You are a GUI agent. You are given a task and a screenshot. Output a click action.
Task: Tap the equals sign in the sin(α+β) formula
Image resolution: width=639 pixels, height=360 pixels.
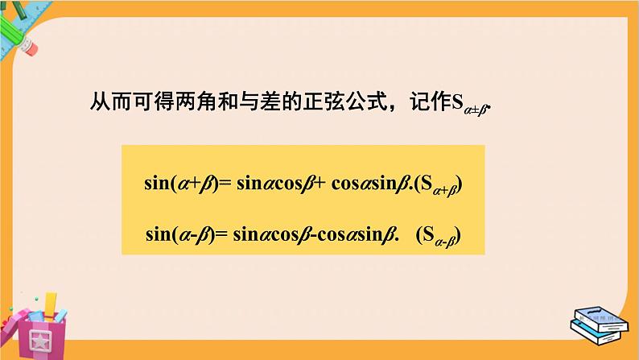225,184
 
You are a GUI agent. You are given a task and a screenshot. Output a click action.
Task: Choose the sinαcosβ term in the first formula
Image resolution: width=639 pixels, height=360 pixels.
270,184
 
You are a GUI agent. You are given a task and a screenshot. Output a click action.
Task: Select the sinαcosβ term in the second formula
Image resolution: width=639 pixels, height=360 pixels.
270,235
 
